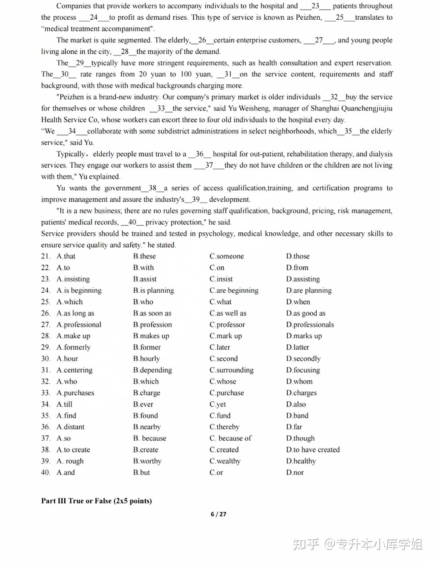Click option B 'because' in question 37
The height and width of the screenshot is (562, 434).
point(149,438)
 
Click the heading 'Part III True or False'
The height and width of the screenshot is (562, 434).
point(96,501)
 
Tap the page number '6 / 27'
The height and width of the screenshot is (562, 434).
point(218,514)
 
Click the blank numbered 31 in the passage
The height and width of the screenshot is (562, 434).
point(228,74)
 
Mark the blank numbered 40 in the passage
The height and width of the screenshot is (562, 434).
point(132,222)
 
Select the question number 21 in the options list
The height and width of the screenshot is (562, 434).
point(45,256)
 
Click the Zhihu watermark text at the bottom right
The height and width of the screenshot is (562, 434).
point(358,544)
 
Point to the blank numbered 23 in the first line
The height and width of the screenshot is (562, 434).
point(315,6)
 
